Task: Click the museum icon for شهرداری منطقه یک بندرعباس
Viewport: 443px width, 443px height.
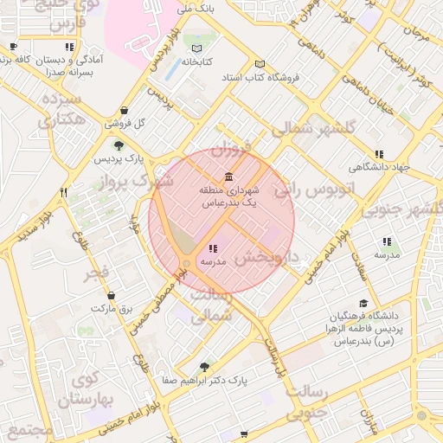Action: (x=228, y=177)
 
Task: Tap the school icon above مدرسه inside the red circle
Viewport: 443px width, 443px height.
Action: (x=213, y=249)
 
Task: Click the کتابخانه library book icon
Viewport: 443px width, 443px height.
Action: (x=197, y=48)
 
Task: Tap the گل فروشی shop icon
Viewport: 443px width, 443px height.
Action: (x=126, y=110)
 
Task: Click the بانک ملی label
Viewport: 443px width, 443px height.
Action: (x=195, y=9)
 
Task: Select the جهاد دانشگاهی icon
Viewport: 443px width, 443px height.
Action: (x=379, y=154)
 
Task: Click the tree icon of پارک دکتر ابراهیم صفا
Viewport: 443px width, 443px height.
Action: (x=204, y=366)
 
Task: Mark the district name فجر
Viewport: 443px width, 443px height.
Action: (x=96, y=274)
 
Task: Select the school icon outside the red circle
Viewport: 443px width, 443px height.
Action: (x=387, y=242)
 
